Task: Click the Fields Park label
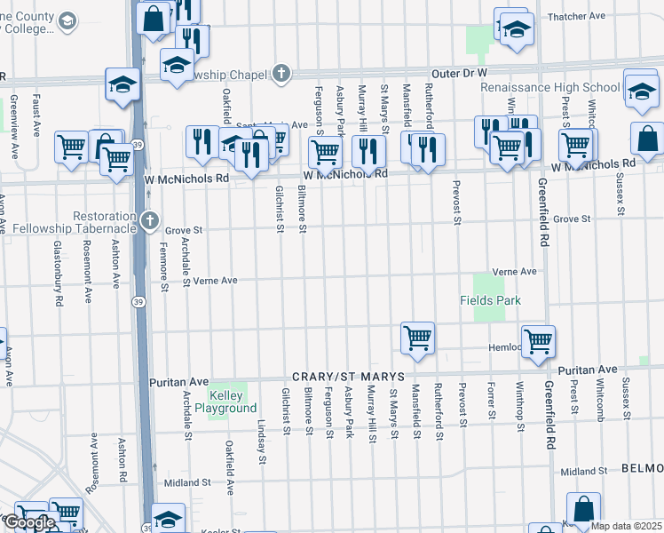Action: click(490, 301)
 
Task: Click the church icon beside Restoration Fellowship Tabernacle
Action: click(150, 219)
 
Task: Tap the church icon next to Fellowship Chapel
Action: click(281, 74)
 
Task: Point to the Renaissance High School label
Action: click(549, 88)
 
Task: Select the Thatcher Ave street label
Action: click(576, 16)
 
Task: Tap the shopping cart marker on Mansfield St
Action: click(417, 338)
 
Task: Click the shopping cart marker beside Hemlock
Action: click(538, 341)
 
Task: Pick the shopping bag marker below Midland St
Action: click(583, 511)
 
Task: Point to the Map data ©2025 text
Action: click(626, 526)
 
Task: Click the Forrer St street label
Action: click(490, 401)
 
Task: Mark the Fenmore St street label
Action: click(164, 271)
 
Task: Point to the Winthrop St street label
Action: click(520, 402)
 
